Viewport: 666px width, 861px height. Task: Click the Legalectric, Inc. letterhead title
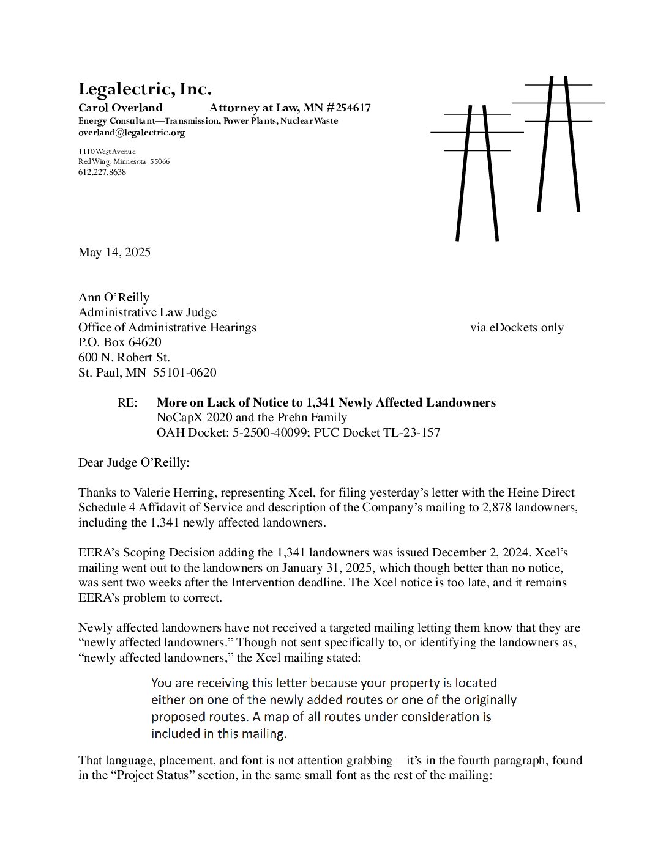tap(144, 89)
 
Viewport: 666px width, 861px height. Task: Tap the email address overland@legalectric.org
tap(131, 133)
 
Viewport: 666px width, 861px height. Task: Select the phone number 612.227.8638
tap(102, 172)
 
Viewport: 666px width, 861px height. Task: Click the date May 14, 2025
tap(114, 253)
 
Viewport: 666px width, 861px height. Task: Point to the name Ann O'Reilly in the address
tap(113, 298)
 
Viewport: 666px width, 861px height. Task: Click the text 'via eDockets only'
tap(517, 328)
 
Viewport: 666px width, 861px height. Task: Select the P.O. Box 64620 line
tap(119, 342)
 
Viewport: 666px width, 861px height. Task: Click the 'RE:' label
tap(127, 403)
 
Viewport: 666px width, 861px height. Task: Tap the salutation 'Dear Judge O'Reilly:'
tap(133, 463)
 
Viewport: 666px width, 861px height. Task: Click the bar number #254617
tap(348, 108)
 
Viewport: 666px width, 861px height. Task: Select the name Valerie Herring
tap(178, 493)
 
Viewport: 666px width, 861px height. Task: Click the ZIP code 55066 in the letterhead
tap(160, 162)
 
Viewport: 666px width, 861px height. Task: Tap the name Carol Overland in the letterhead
tap(120, 108)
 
